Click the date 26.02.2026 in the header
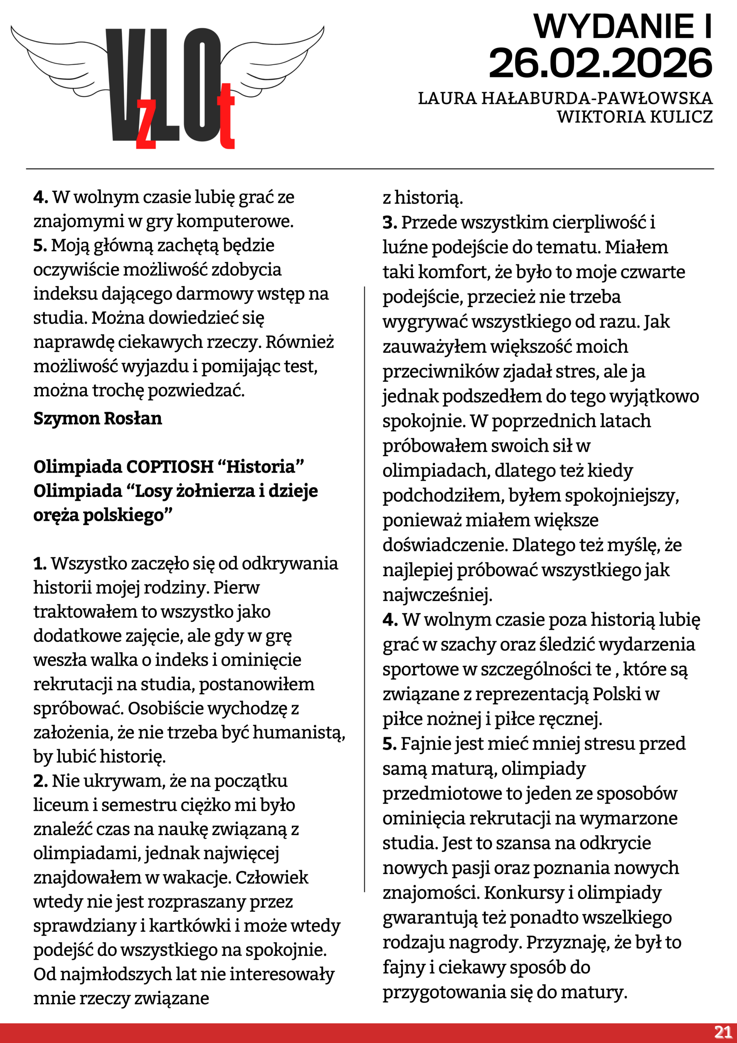point(600,63)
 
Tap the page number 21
point(722,1032)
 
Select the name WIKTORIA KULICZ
point(634,117)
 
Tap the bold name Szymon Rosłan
point(98,418)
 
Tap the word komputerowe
point(235,221)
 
